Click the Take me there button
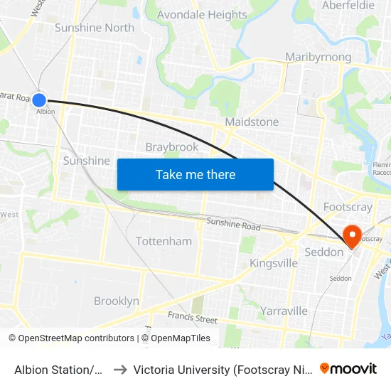tap(195, 174)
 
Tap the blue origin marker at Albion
tap(39, 101)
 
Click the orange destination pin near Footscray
tap(352, 236)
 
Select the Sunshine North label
tap(95, 28)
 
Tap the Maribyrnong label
tap(318, 57)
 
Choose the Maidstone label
tap(252, 122)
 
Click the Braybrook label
tap(172, 147)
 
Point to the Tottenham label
tap(164, 242)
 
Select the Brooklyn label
tap(117, 301)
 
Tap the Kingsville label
tap(274, 264)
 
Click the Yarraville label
tap(284, 311)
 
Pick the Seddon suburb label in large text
tap(324, 252)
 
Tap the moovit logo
tap(348, 368)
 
